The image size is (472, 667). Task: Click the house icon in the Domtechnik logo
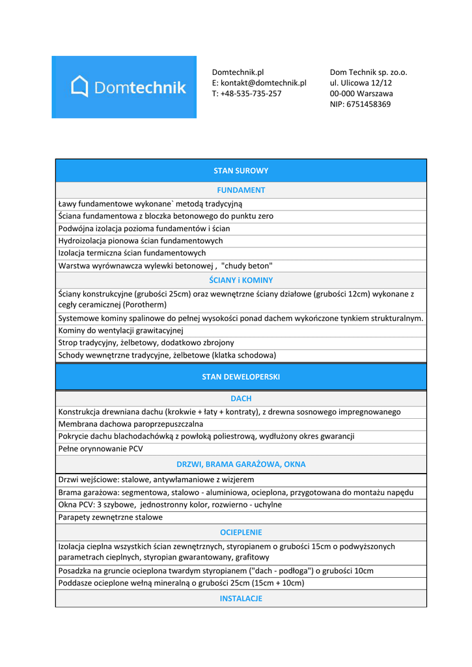pyautogui.click(x=79, y=87)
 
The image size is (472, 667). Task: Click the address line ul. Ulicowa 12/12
pyautogui.click(x=361, y=83)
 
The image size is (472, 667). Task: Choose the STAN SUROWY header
pyautogui.click(x=241, y=171)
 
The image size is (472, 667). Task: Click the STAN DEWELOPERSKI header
pyautogui.click(x=241, y=376)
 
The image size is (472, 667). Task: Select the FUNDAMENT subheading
pyautogui.click(x=241, y=190)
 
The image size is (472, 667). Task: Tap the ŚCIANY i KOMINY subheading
pyautogui.click(x=241, y=280)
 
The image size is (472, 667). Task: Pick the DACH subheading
pyautogui.click(x=241, y=399)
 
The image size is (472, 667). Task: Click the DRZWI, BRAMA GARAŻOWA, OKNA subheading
pyautogui.click(x=241, y=464)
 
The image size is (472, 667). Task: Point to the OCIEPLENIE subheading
pyautogui.click(x=241, y=532)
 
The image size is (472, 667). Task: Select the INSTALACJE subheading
pyautogui.click(x=241, y=598)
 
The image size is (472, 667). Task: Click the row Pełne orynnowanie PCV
pyautogui.click(x=100, y=449)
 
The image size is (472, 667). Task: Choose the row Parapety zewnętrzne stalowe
pyautogui.click(x=110, y=517)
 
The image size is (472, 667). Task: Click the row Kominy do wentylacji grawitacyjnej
pyautogui.click(x=121, y=330)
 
